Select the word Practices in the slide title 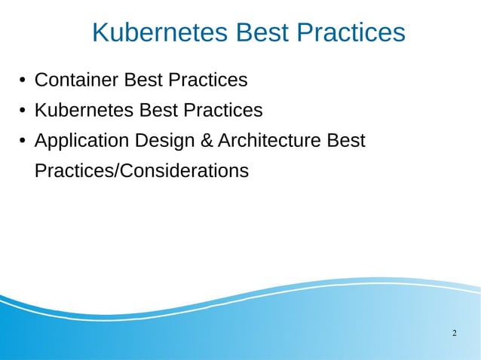(x=351, y=32)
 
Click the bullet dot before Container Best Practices (x=23, y=81)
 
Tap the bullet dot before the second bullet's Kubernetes (x=23, y=111)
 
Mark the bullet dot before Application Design (x=23, y=142)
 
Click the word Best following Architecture (x=348, y=141)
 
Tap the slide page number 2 (x=454, y=333)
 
